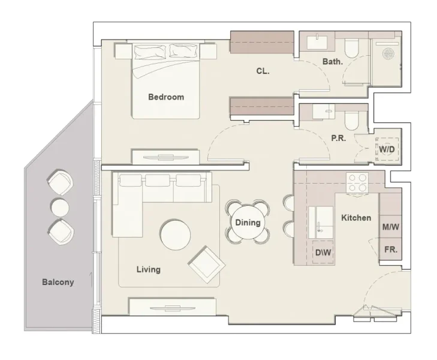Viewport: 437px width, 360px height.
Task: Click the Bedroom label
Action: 166,97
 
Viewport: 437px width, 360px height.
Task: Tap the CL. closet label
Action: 263,71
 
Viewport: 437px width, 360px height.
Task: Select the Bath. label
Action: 332,61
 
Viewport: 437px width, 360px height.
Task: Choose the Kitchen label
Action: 356,218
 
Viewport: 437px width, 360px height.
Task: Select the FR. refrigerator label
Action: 390,249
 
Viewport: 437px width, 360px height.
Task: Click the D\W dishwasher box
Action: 323,253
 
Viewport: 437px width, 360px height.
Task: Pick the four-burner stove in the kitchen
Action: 357,182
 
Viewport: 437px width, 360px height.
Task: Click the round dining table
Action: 248,222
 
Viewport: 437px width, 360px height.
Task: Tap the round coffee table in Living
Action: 176,234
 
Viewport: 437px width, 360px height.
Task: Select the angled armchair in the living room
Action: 206,263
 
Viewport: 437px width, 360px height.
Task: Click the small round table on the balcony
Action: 60,208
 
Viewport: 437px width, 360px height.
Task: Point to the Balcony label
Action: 58,282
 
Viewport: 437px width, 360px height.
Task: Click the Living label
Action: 148,269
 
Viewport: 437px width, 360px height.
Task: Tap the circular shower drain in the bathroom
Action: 388,52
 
